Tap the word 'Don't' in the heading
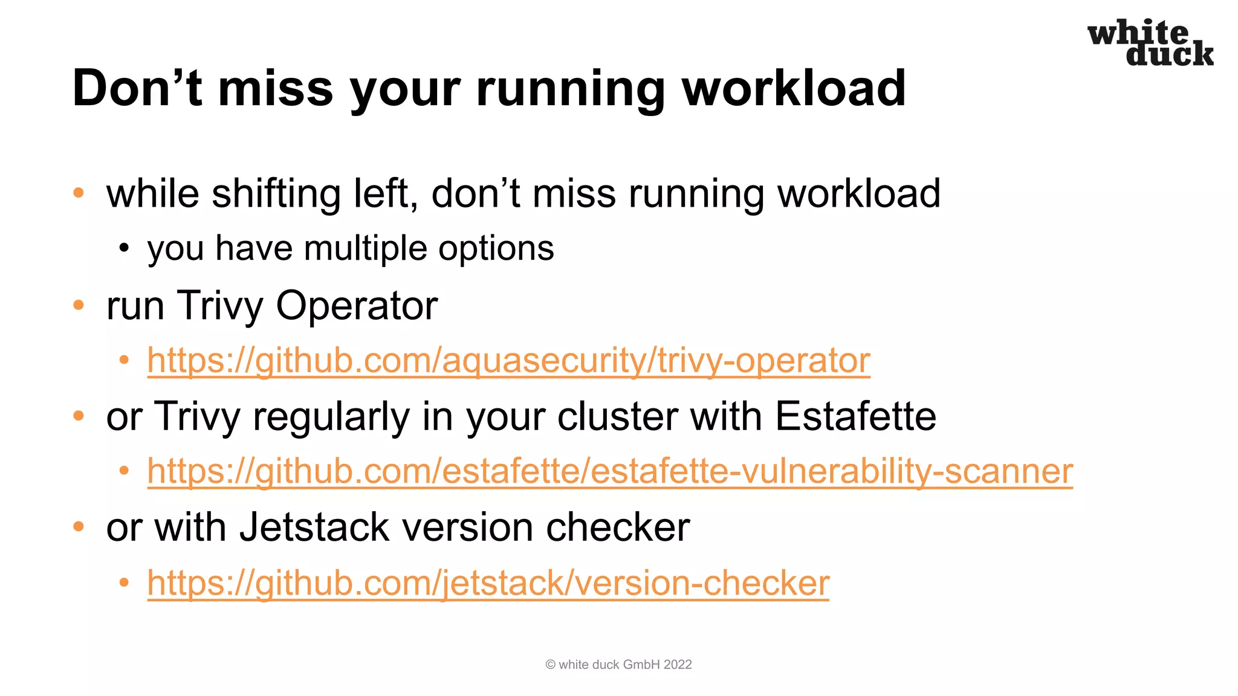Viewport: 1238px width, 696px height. click(x=137, y=88)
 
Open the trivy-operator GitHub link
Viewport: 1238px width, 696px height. click(x=508, y=361)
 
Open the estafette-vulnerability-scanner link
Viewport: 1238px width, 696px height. click(x=610, y=471)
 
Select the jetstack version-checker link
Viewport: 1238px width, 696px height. click(x=488, y=583)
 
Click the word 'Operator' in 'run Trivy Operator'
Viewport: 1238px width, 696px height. click(x=357, y=305)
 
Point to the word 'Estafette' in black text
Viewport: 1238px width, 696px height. click(x=855, y=416)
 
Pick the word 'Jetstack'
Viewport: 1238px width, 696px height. click(x=314, y=527)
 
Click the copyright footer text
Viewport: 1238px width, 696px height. click(x=618, y=665)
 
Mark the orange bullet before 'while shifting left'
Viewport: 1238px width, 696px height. click(x=79, y=193)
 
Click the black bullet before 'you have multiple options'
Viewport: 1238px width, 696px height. click(x=124, y=248)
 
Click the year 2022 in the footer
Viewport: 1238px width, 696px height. click(x=678, y=665)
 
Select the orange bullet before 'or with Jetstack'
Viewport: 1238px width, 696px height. click(x=79, y=527)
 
